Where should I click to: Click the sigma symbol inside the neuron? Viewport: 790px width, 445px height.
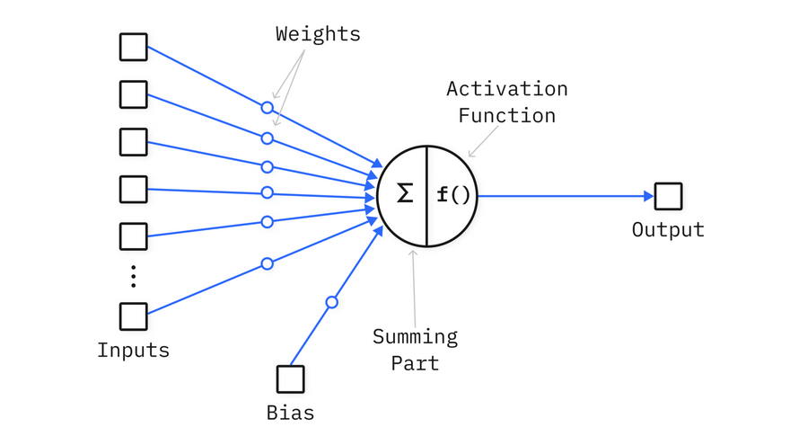click(405, 193)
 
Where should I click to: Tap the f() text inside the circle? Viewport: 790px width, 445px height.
click(452, 194)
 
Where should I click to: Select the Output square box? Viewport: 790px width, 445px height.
click(668, 196)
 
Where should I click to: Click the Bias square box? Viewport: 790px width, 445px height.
click(290, 378)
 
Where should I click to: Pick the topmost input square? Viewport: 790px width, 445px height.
click(134, 47)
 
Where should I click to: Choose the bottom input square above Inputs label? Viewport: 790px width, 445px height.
click(134, 316)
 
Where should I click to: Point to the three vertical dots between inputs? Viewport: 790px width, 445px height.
click(134, 276)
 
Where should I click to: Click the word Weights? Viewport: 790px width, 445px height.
click(318, 35)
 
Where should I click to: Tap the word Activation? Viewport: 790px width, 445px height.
click(507, 89)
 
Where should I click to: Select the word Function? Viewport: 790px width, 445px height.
click(507, 116)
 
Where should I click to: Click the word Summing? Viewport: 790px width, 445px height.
click(415, 337)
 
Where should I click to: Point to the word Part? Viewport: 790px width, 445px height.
click(415, 363)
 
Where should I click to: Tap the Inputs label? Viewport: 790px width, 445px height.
click(134, 350)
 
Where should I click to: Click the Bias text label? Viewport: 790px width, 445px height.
click(290, 414)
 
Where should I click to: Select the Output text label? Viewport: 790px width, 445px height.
click(668, 229)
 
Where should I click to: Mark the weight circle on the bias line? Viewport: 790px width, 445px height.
click(331, 302)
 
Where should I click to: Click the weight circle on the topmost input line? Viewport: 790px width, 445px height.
click(267, 107)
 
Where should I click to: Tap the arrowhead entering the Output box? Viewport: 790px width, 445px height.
click(647, 196)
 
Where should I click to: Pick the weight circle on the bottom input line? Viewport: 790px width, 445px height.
click(267, 263)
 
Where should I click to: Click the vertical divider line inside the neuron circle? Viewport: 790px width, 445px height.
click(426, 195)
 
